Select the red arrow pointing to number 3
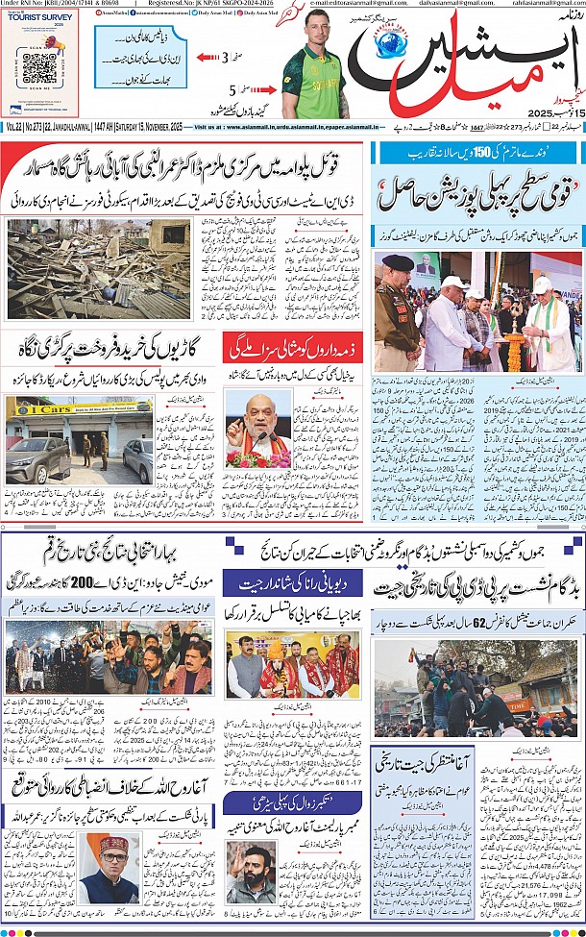204,58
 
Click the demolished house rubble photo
98,268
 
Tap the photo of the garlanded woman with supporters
292,665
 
